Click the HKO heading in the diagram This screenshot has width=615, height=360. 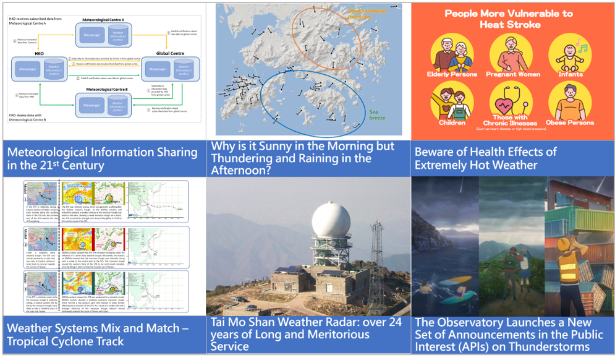38,53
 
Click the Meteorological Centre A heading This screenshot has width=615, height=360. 103,19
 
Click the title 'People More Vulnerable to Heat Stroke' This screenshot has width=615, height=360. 509,19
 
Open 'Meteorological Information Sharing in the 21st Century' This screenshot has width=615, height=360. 102,158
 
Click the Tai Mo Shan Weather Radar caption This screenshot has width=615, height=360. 307,335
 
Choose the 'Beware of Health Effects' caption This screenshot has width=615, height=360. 486,158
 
